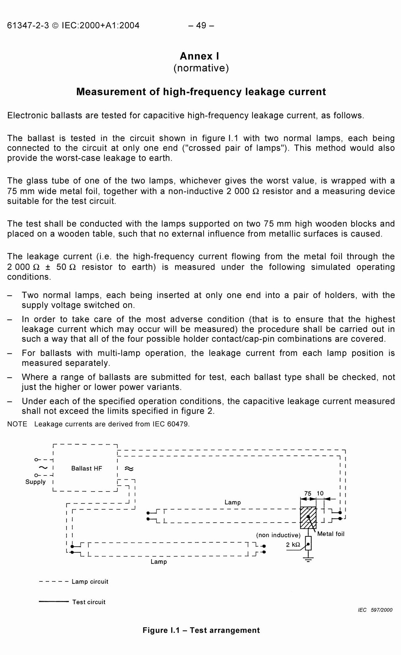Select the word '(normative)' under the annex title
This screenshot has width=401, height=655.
point(201,68)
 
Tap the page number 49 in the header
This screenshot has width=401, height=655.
point(201,25)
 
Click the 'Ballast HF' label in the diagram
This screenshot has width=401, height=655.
point(86,468)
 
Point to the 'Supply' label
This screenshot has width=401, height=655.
point(35,482)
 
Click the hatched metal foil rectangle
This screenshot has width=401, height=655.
point(308,517)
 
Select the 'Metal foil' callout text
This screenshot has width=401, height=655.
point(330,534)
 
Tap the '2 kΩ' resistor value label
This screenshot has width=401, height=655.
point(293,545)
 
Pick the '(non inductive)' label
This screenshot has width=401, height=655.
point(278,535)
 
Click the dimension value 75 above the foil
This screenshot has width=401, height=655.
point(308,494)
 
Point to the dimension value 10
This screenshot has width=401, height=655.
point(320,493)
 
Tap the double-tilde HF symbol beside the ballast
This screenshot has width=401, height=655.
point(129,469)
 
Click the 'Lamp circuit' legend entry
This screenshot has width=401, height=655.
point(90,581)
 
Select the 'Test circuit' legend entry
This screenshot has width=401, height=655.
point(89,602)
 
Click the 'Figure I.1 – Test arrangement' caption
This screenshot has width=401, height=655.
point(201,630)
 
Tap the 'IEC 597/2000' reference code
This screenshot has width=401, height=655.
point(375,610)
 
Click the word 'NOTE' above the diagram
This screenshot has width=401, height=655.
point(17,424)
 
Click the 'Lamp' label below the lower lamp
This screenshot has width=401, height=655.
point(159,562)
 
